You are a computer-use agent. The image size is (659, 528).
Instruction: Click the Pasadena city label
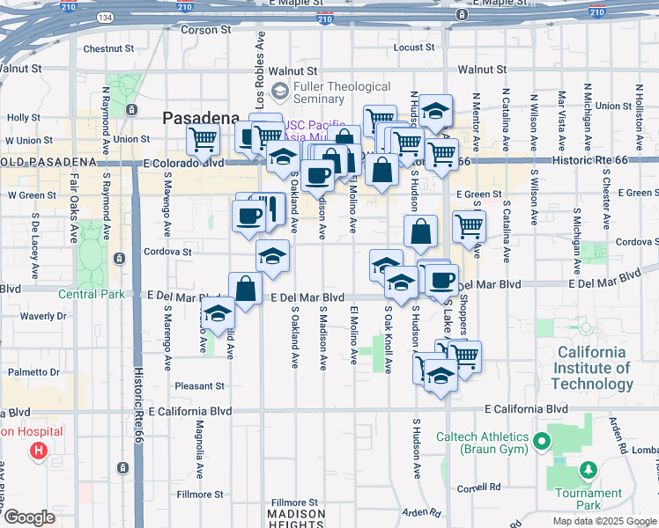(x=201, y=118)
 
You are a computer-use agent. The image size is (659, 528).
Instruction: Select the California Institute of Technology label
(x=591, y=368)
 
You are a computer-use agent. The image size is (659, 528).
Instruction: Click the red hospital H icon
(x=39, y=452)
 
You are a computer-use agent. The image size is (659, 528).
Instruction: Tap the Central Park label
(x=92, y=294)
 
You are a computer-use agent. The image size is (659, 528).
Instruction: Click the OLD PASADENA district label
(x=48, y=163)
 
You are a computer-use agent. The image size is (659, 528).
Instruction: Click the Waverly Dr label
(x=43, y=316)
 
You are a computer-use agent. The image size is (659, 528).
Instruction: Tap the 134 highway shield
(x=106, y=18)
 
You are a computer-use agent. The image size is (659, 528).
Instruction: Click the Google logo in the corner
(x=29, y=517)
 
